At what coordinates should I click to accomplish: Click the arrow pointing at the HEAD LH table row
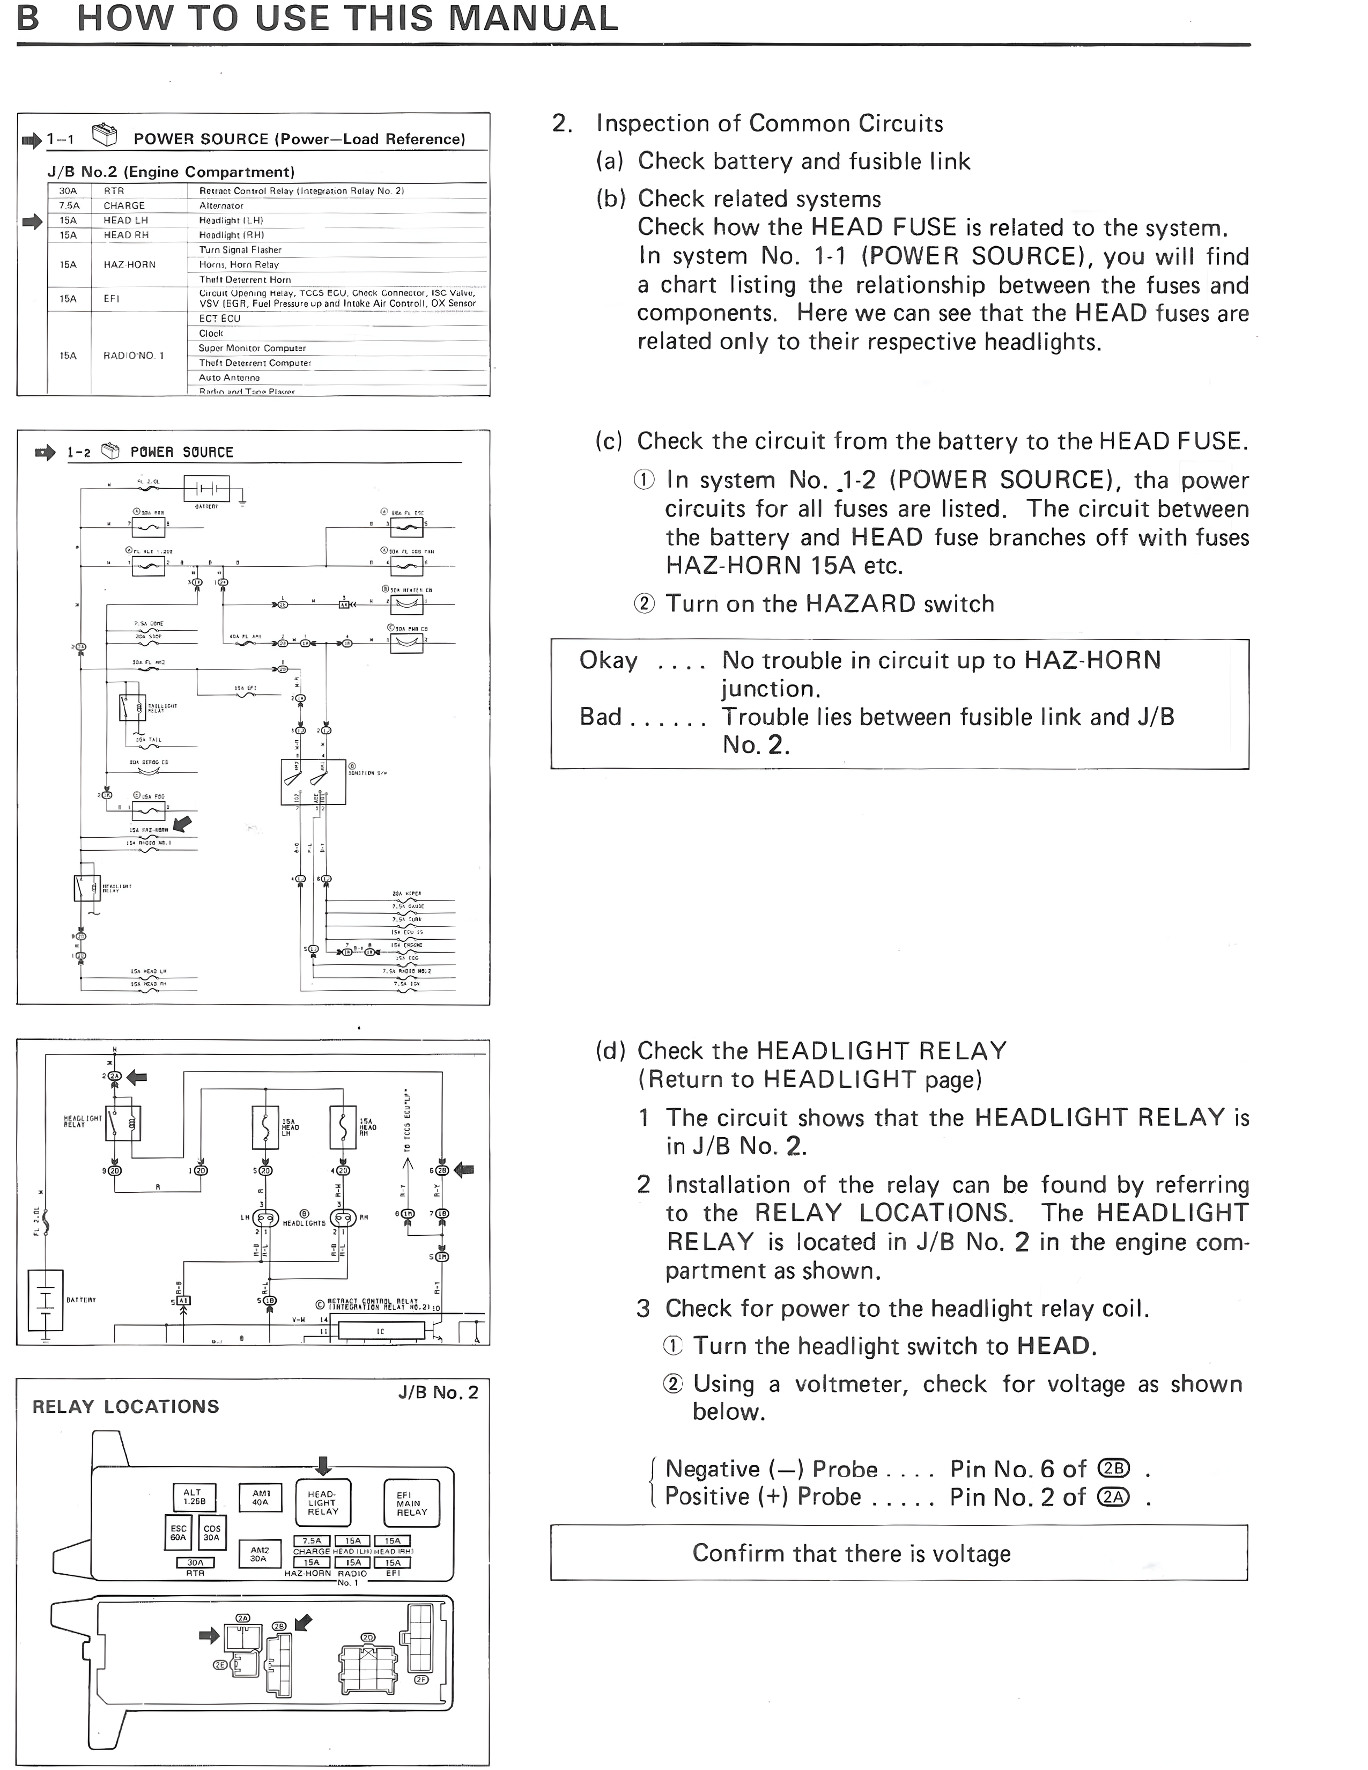(x=32, y=221)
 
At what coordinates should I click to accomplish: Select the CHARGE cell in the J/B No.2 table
(x=124, y=206)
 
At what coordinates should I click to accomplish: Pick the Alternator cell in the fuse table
(x=221, y=206)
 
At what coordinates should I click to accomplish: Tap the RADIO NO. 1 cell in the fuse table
(x=133, y=356)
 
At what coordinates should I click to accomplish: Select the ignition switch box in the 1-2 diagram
(x=313, y=781)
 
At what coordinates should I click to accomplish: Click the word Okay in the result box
(x=608, y=660)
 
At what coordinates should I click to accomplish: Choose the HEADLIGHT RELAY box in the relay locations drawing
(x=322, y=1502)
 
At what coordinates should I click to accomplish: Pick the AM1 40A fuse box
(x=261, y=1497)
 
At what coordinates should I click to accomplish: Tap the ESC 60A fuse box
(x=178, y=1532)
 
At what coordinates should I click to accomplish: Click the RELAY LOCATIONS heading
(x=125, y=1406)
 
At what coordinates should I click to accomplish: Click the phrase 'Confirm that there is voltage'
(x=851, y=1554)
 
